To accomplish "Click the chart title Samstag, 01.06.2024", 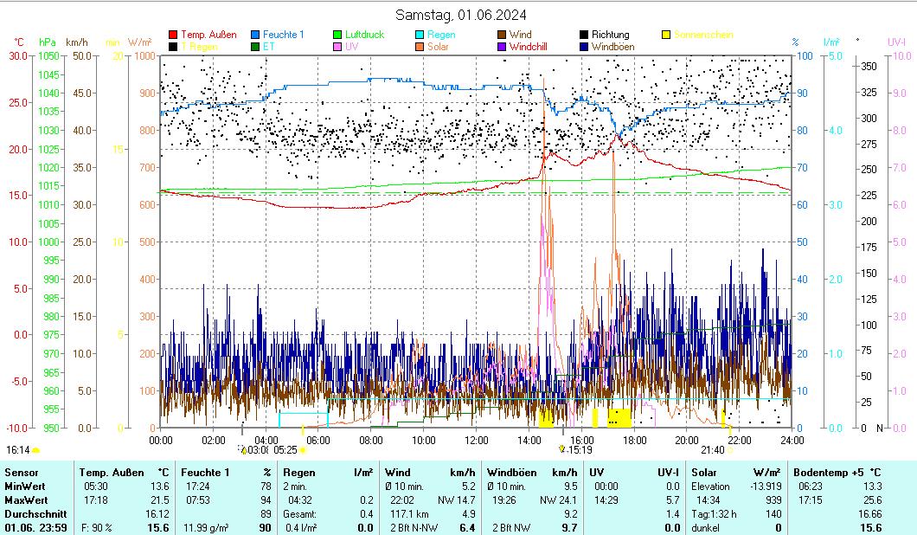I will pyautogui.click(x=461, y=15).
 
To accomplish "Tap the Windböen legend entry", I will pyautogui.click(x=615, y=47).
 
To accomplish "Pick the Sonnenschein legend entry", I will pyautogui.click(x=703, y=35).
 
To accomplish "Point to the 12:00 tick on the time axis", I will pyautogui.click(x=476, y=440).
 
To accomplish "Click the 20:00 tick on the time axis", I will pyautogui.click(x=686, y=440).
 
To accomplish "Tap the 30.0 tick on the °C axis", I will pyautogui.click(x=18, y=56).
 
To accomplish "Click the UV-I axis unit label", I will pyautogui.click(x=896, y=42).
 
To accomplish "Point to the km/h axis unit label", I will pyautogui.click(x=76, y=42).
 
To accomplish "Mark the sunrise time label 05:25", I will pyautogui.click(x=285, y=450).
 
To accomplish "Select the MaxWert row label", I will pyautogui.click(x=26, y=500).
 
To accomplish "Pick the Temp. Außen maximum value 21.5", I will pyautogui.click(x=159, y=500).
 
